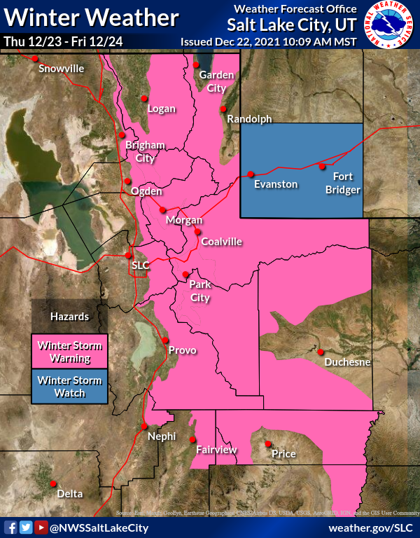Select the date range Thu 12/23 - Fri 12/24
pyautogui.click(x=63, y=41)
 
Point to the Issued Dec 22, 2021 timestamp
pyautogui.click(x=268, y=41)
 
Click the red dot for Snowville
pyautogui.click(x=35, y=58)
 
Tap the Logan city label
pyautogui.click(x=161, y=109)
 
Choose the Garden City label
pyautogui.click(x=212, y=81)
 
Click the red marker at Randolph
pyautogui.click(x=223, y=109)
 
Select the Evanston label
pyautogui.click(x=275, y=184)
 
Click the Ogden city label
pyautogui.click(x=146, y=191)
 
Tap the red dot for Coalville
pyautogui.click(x=197, y=232)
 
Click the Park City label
pyautogui.click(x=200, y=291)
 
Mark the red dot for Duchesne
pyautogui.click(x=320, y=352)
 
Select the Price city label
pyautogui.click(x=283, y=454)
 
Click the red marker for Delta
pyautogui.click(x=53, y=483)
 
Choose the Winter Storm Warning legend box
pyautogui.click(x=69, y=352)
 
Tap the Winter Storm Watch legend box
pyautogui.click(x=69, y=387)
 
